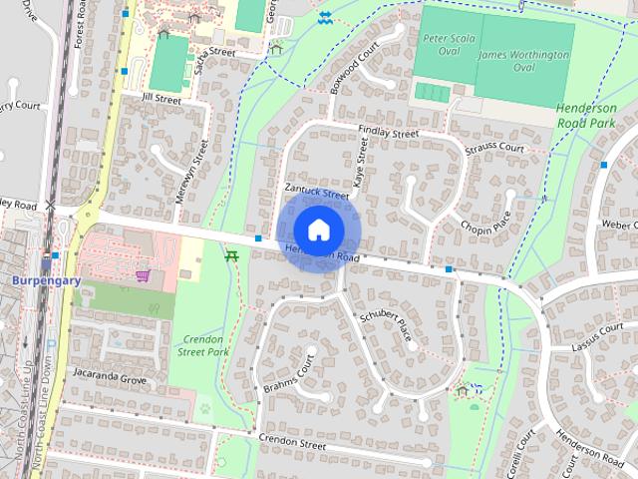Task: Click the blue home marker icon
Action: point(318,231)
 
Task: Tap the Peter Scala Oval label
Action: point(443,43)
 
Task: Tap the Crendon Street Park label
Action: point(202,345)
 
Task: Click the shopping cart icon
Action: point(144,274)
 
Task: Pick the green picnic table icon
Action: point(232,256)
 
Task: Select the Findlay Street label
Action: point(389,132)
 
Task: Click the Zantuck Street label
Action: point(316,191)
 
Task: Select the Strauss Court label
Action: point(495,147)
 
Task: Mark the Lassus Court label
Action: point(598,336)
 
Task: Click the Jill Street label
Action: point(161,100)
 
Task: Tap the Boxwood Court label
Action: point(357,66)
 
